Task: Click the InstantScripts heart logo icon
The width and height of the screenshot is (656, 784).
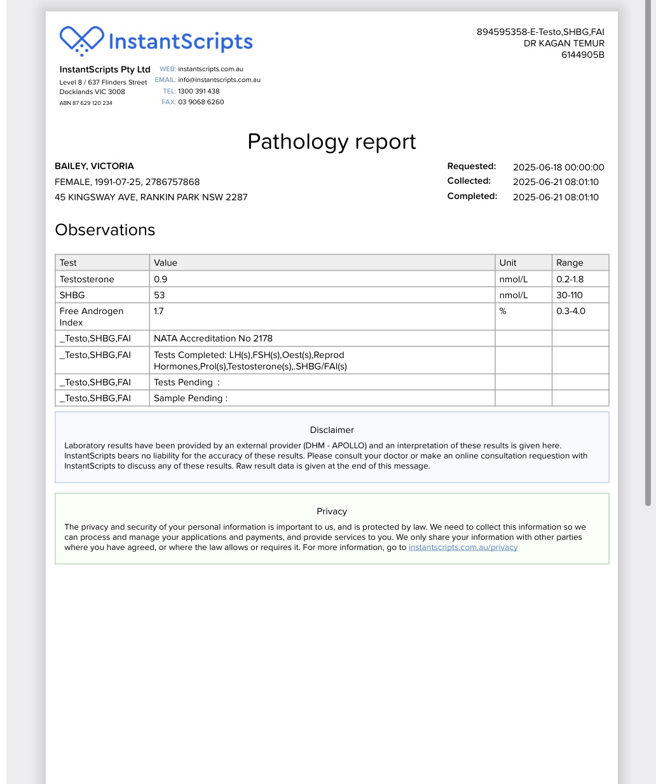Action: [x=81, y=41]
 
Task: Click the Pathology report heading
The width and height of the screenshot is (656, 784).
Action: [x=331, y=142]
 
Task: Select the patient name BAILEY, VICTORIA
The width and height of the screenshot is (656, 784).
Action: [x=94, y=166]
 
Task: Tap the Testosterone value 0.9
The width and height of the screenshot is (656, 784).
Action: [x=161, y=279]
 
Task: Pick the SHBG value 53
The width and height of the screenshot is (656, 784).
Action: [x=160, y=295]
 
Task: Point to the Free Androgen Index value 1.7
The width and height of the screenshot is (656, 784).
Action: [x=159, y=311]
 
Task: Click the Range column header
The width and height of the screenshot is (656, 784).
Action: [x=570, y=263]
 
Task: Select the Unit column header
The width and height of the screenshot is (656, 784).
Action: [x=508, y=263]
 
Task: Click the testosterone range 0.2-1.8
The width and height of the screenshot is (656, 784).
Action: [x=570, y=279]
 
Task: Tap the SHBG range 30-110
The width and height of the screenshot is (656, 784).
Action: [x=570, y=295]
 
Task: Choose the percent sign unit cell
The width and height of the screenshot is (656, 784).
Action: [x=503, y=311]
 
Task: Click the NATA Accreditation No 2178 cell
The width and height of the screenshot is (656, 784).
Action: [x=213, y=338]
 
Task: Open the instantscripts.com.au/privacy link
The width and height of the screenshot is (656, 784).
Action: [x=463, y=547]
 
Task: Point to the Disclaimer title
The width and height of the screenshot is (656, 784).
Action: [x=332, y=430]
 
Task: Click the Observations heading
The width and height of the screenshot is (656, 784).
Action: [x=105, y=230]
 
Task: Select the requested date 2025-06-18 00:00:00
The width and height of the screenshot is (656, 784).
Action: [x=558, y=167]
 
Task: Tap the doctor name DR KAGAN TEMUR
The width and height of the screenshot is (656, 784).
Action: [x=564, y=43]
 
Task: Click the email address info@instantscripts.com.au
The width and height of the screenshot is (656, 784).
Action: [x=219, y=80]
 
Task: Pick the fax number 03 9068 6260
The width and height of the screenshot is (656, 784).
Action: [x=201, y=102]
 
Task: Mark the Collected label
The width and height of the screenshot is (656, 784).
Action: [x=469, y=181]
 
